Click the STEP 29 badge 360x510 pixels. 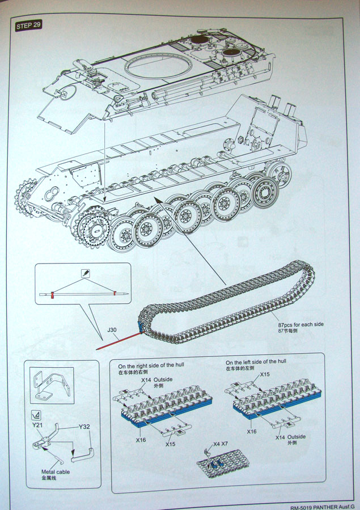coord(28,26)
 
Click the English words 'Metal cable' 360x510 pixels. coord(56,471)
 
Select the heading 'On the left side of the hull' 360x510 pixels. coord(256,362)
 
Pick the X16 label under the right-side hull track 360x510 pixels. coord(141,439)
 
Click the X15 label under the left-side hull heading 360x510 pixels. coord(265,375)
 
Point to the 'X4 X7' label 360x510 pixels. coord(221,444)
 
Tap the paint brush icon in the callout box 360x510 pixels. coord(84,273)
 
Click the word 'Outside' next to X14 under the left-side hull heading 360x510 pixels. coord(296,436)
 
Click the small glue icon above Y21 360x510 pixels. coord(36,414)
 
